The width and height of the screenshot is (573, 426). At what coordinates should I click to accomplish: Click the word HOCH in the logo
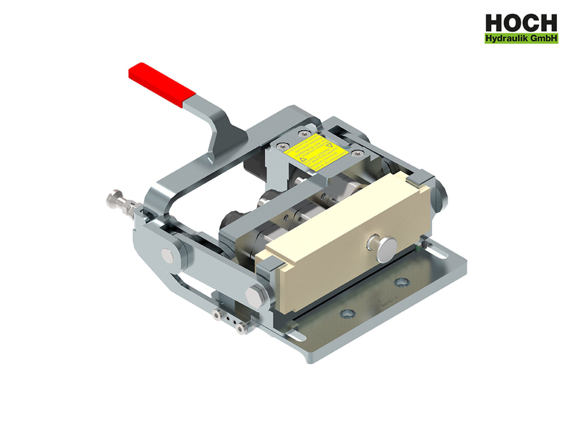[521, 23]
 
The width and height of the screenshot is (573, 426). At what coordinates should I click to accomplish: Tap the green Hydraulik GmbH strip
[521, 38]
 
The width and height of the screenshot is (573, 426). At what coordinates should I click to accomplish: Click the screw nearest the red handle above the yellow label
[303, 134]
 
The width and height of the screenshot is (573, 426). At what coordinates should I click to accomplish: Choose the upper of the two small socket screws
[217, 315]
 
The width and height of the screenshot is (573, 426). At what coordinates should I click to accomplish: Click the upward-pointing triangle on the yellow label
[303, 160]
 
